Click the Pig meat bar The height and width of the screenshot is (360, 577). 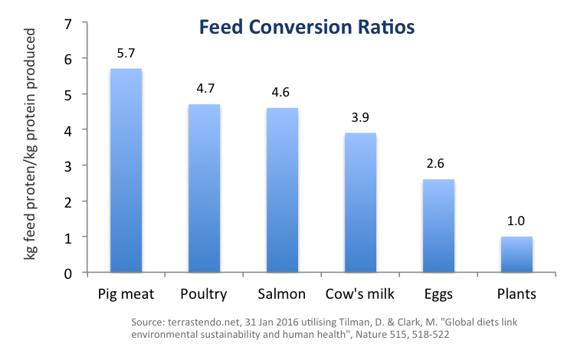pyautogui.click(x=126, y=171)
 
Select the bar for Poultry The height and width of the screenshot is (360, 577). pyautogui.click(x=205, y=188)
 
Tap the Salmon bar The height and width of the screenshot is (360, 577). pyautogui.click(x=283, y=190)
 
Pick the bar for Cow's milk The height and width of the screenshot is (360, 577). pyautogui.click(x=361, y=203)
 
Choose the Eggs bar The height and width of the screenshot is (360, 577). pyautogui.click(x=439, y=226)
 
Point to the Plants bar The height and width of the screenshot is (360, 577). pyautogui.click(x=517, y=254)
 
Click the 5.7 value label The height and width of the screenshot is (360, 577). pyautogui.click(x=126, y=55)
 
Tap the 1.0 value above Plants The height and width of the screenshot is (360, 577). pyautogui.click(x=517, y=224)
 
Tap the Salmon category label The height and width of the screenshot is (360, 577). pyautogui.click(x=283, y=294)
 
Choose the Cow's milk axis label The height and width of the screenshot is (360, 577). pyautogui.click(x=361, y=294)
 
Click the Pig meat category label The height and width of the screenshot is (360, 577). pyautogui.click(x=126, y=294)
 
